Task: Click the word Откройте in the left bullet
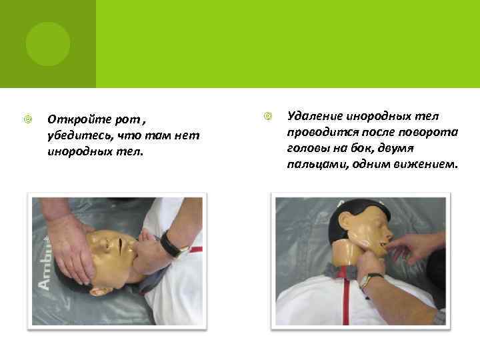(79, 119)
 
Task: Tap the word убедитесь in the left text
(79, 135)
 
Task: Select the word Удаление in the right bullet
(315, 116)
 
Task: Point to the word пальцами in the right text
(318, 165)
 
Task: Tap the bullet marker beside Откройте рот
(28, 119)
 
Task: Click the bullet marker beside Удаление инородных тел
(268, 116)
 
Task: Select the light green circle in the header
(48, 44)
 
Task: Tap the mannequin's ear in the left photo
(99, 291)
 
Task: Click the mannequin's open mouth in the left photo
(120, 247)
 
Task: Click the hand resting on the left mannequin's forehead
(71, 250)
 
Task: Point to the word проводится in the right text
(323, 133)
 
